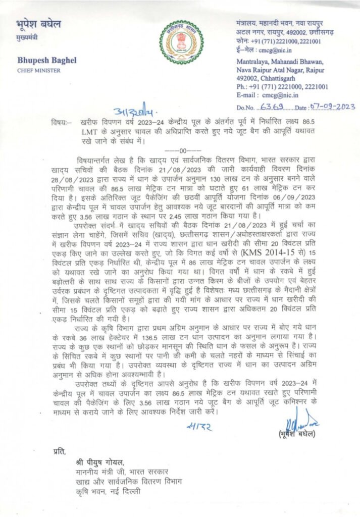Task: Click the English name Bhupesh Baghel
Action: [46, 61]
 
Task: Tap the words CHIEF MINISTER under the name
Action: [38, 70]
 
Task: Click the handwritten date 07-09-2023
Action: [333, 106]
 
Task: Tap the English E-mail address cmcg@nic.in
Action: [276, 94]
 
